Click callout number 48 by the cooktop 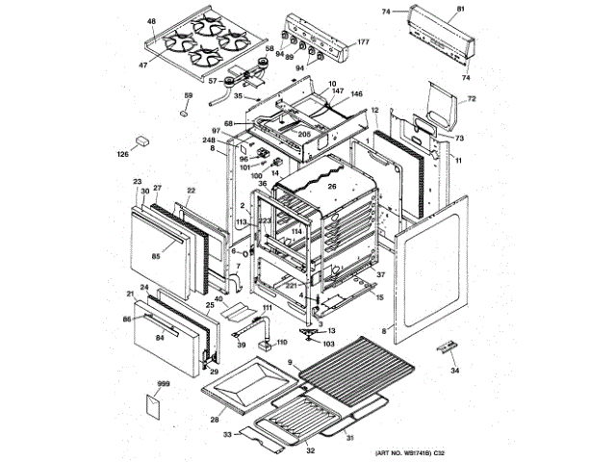(151, 21)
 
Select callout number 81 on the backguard (460, 9)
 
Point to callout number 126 (123, 154)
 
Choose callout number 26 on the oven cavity (330, 187)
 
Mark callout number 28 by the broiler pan (214, 419)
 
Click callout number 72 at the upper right (472, 99)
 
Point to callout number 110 (282, 341)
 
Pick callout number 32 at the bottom (310, 449)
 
